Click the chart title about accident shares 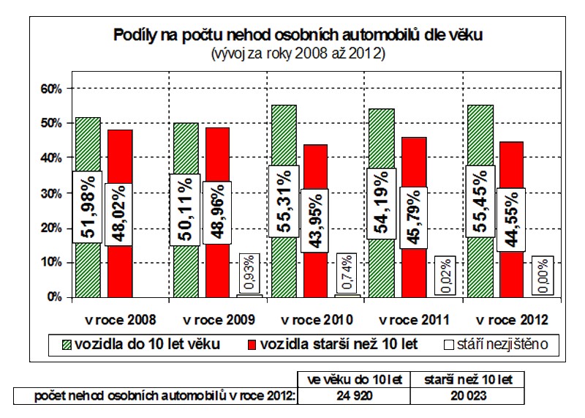click(297, 34)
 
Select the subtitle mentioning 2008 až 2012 click(297, 53)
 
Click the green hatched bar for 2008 click(88, 146)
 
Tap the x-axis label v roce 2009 click(219, 320)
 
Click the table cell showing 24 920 click(355, 396)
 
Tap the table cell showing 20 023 click(467, 396)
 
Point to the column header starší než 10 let click(467, 379)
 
